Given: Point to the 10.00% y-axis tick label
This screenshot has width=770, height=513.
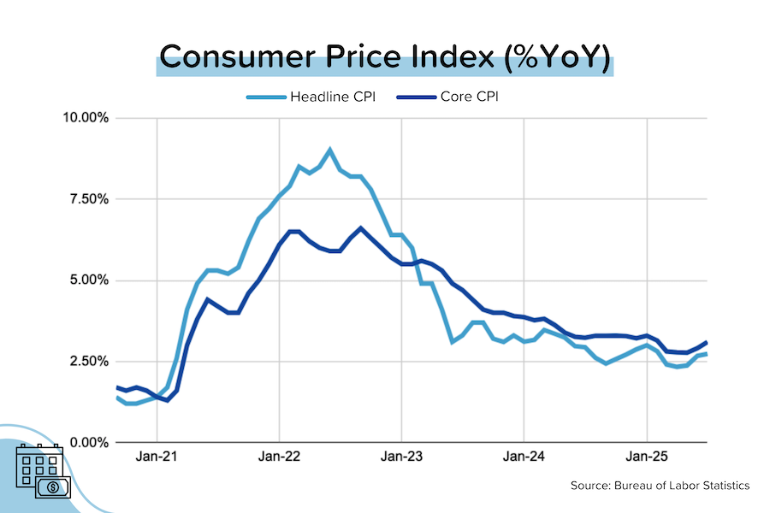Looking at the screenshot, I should [85, 118].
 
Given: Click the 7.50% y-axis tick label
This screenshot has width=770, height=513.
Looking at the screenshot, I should [87, 199].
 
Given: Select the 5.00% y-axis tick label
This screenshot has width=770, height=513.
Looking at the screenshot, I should [87, 280].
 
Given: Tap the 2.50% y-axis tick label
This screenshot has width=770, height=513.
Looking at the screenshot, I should [87, 362].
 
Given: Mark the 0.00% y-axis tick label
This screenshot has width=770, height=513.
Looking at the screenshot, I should [87, 443].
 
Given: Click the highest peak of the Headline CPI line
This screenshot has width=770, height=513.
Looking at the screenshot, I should [330, 150].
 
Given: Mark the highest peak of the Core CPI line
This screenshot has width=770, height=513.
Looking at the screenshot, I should [360, 227].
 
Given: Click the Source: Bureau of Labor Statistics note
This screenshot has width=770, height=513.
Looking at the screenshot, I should [660, 486].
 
